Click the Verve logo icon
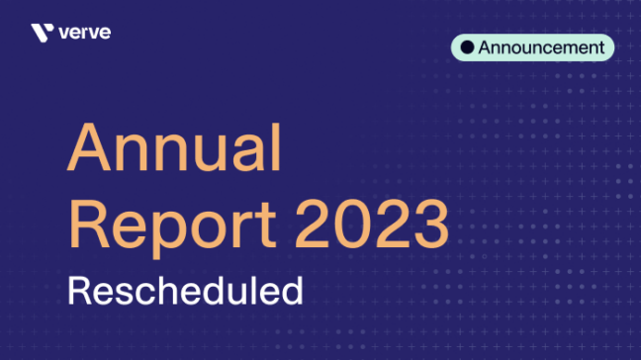42,34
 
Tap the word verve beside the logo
85,33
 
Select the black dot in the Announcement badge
468,47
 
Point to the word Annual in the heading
175,151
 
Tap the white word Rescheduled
184,291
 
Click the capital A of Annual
88,151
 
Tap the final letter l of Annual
276,149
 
